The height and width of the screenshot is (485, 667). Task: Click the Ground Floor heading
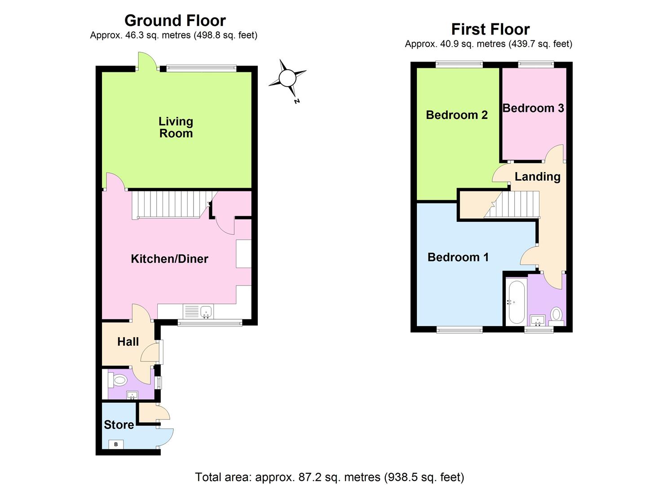tap(175, 21)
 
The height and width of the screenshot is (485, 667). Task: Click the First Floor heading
tap(490, 30)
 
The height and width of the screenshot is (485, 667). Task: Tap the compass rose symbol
tap(287, 79)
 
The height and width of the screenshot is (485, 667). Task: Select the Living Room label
tap(176, 127)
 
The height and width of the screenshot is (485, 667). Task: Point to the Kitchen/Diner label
tap(169, 259)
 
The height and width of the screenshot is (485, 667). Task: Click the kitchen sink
tap(206, 311)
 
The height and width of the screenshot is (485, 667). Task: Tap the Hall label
tap(128, 342)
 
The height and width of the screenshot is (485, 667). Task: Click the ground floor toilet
tap(119, 381)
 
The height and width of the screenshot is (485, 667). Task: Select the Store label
tap(119, 425)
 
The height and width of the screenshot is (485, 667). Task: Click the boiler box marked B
tap(116, 444)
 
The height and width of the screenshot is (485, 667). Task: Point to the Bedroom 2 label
tap(456, 115)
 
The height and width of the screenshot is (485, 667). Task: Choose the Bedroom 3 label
tap(533, 108)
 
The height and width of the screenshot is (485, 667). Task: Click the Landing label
tap(537, 176)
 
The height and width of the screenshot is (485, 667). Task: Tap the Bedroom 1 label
tap(458, 257)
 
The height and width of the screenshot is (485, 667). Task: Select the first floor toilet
tap(557, 314)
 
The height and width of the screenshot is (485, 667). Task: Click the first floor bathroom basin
tap(538, 320)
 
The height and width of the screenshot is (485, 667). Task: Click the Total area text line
tap(329, 477)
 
